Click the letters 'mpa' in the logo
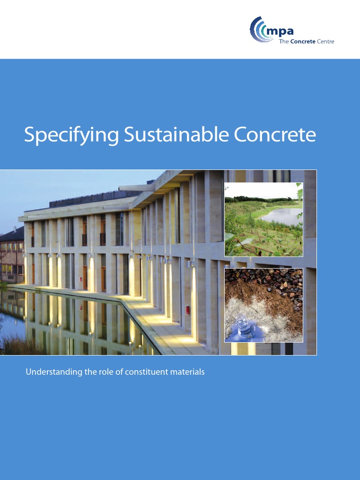click(x=281, y=32)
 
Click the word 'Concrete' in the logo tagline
click(x=306, y=42)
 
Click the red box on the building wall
click(x=188, y=310)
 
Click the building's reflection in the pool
click(x=84, y=323)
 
